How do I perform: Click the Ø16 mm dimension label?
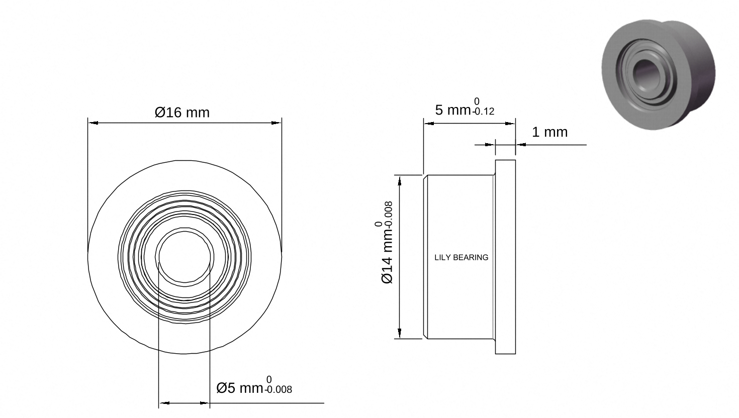pos(182,113)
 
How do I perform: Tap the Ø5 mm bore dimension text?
pos(240,388)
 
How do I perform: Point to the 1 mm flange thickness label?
pos(549,132)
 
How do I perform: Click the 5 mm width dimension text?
pos(452,110)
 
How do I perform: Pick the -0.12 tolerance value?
pos(483,112)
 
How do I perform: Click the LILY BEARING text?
pos(461,257)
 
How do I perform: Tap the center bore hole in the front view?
pos(185,257)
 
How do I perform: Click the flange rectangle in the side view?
pos(505,257)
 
